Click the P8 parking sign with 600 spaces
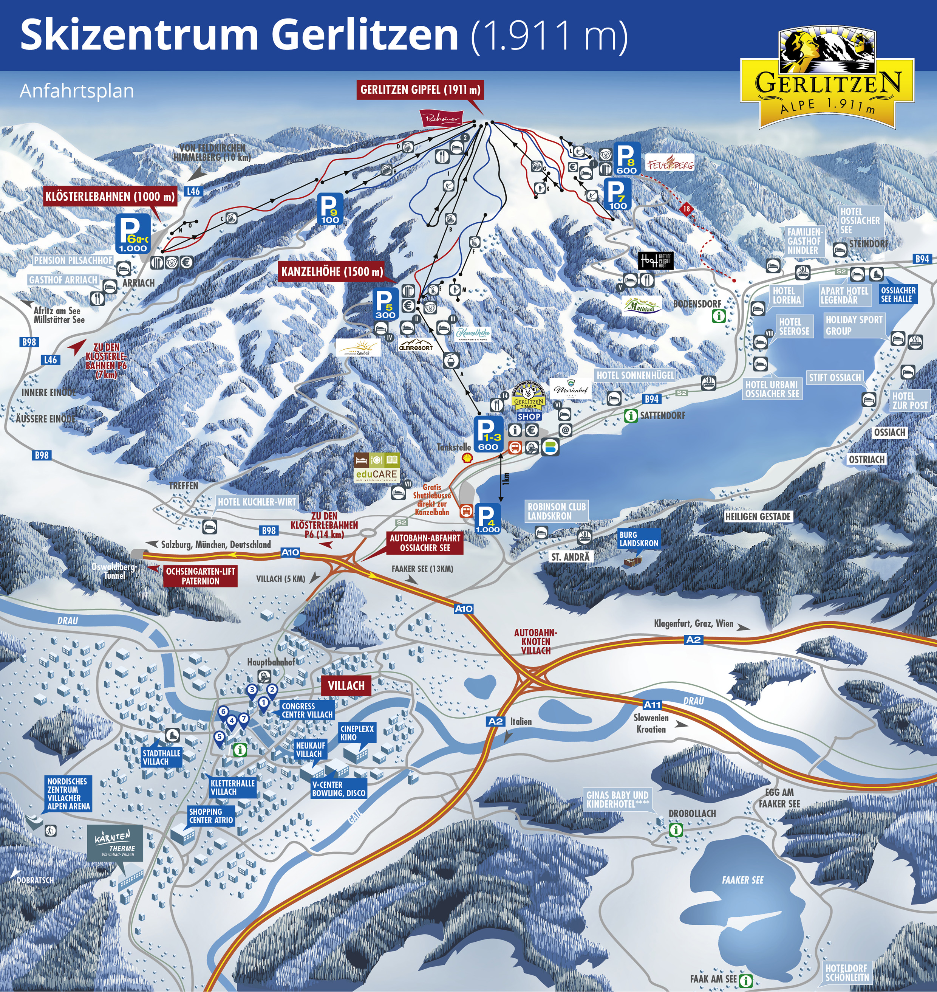point(626,159)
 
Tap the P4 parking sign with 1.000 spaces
point(487,519)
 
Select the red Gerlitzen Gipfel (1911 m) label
point(420,90)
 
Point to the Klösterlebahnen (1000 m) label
point(110,197)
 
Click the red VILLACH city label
point(346,686)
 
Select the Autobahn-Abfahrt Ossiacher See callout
point(425,543)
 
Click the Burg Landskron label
point(639,539)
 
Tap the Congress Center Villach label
point(307,710)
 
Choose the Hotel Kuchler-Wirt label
point(257,502)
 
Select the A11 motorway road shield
point(652,705)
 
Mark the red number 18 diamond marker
point(687,209)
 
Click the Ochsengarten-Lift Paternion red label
point(200,576)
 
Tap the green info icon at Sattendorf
point(631,415)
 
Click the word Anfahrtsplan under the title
point(77,91)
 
